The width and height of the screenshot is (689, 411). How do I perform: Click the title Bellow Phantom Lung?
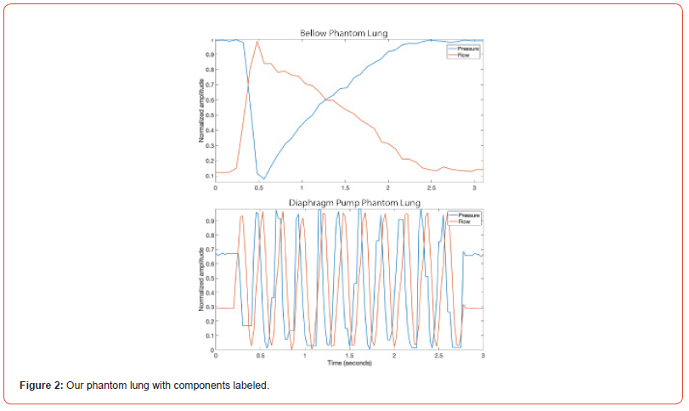tap(343, 33)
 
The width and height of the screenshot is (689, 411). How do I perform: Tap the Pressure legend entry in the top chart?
tap(468, 48)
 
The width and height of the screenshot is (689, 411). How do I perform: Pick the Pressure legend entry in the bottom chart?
tap(469, 216)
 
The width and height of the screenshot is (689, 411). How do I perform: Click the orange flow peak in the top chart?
tap(257, 41)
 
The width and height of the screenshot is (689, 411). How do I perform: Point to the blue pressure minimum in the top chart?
tap(264, 179)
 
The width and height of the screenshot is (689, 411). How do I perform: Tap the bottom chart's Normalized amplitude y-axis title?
tap(202, 279)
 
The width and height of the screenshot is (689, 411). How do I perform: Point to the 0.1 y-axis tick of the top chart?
tap(209, 176)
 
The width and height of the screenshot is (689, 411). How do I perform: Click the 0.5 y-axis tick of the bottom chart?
tap(209, 279)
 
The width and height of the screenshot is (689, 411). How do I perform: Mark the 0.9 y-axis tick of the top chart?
tap(209, 54)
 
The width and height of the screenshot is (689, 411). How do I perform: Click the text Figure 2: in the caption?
tap(41, 386)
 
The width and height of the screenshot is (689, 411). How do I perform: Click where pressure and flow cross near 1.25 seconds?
tap(327, 100)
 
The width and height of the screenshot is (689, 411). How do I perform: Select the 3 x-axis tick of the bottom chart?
tap(482, 356)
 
